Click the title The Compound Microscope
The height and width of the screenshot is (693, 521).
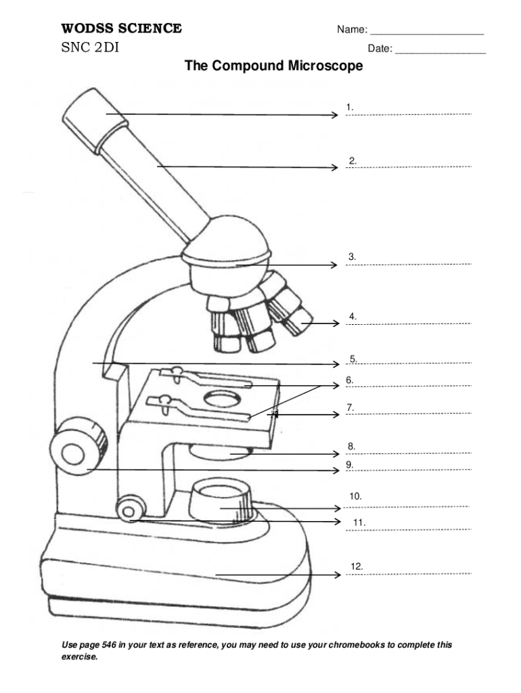(x=273, y=66)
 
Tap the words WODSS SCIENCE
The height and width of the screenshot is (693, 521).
(x=122, y=28)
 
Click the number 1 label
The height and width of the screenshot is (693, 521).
(x=349, y=107)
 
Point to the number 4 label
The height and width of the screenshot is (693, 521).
(x=353, y=316)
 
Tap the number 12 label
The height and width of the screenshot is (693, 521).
(x=357, y=566)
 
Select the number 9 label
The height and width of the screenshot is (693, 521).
(x=350, y=464)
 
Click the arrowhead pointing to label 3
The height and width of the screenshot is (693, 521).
(x=334, y=265)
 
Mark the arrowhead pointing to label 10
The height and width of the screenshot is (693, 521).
(x=337, y=508)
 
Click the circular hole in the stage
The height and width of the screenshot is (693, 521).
(x=221, y=399)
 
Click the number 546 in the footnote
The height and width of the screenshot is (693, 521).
(x=109, y=645)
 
